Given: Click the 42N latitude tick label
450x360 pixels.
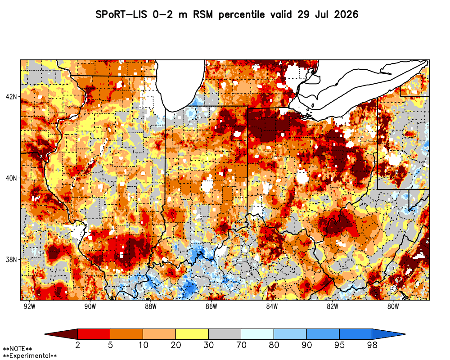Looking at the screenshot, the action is click(x=11, y=96).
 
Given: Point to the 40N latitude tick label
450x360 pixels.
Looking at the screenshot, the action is click(x=11, y=178).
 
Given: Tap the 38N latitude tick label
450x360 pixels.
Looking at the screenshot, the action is click(x=11, y=260).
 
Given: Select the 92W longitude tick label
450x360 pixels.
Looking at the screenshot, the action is click(x=30, y=306).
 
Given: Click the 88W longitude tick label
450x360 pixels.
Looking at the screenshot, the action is click(x=151, y=306).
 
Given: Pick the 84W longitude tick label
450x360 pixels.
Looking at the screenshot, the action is click(x=272, y=306).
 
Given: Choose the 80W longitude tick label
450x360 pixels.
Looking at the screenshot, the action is click(x=393, y=306).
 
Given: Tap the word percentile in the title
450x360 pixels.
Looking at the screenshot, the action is click(x=241, y=15).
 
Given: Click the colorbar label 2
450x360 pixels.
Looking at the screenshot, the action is click(x=77, y=345).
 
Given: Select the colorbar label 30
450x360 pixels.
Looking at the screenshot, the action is click(x=208, y=345).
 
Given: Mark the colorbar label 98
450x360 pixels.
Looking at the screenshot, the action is click(x=372, y=345).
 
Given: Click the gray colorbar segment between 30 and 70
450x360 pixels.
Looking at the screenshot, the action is click(x=225, y=334).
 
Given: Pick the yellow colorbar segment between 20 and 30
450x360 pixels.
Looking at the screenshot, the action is click(x=192, y=334).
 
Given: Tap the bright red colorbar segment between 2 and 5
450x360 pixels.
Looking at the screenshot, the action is click(x=94, y=334).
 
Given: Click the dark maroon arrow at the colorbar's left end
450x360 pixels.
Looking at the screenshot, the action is click(x=64, y=334).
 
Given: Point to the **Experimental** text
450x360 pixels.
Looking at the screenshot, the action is click(x=30, y=356).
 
